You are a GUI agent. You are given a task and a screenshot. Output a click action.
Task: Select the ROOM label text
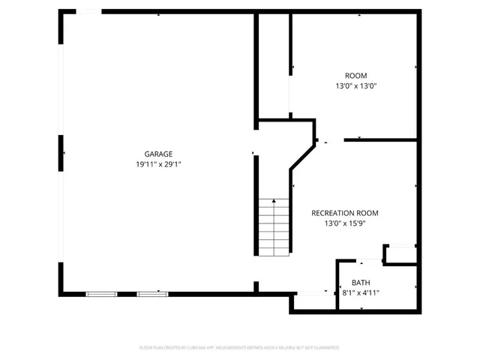click(x=355, y=75)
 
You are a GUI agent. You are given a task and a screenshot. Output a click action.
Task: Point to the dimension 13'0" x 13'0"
click(x=355, y=85)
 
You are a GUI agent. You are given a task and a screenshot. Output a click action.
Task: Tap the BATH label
click(x=361, y=283)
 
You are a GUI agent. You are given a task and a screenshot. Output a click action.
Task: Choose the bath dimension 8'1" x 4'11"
click(x=361, y=292)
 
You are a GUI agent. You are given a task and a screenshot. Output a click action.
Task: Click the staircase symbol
click(x=274, y=229)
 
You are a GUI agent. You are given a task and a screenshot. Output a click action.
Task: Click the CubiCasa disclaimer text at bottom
click(x=239, y=347)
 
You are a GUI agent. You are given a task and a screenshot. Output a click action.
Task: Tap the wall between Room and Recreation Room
click(x=380, y=139)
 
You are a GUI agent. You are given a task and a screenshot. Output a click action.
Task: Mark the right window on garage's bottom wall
click(x=149, y=293)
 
